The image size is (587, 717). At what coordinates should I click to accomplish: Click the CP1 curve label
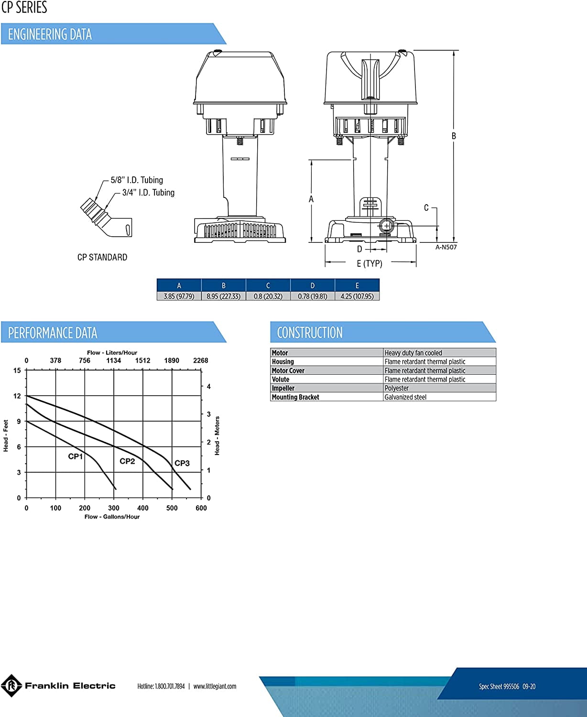75,456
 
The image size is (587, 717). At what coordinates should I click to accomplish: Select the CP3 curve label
182,463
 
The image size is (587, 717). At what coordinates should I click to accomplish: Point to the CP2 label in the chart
127,461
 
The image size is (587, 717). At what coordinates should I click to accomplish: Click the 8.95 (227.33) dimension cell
223,296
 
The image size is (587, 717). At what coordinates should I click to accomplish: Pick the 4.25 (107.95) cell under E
357,296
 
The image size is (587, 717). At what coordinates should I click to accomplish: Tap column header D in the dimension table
313,285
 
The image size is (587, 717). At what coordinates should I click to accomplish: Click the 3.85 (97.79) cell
179,296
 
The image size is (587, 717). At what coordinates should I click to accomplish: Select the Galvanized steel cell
405,397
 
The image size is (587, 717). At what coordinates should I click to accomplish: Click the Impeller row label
283,388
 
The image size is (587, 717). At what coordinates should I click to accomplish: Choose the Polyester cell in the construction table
397,388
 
